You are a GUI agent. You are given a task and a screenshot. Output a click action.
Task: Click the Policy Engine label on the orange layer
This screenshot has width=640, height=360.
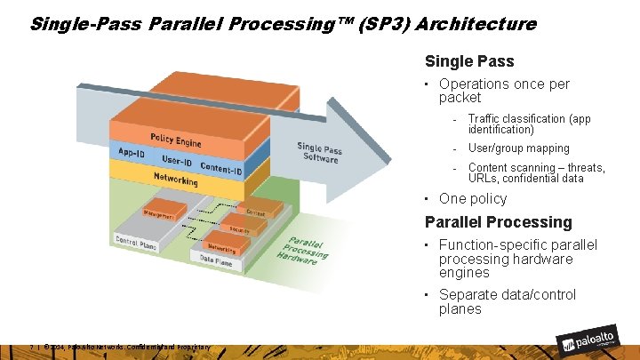(175, 140)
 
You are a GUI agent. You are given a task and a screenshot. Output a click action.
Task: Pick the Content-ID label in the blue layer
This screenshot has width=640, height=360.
(220, 168)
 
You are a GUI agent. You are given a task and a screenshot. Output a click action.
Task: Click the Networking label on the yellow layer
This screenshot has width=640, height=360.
(175, 179)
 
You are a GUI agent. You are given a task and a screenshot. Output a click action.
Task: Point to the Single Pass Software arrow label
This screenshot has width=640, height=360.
(320, 152)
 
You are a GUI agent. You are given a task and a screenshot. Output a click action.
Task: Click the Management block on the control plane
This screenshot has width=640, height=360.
(160, 214)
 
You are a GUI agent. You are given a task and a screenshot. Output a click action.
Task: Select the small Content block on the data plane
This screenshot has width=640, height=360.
(255, 213)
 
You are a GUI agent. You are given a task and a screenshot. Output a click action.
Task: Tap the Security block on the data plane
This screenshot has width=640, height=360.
(239, 229)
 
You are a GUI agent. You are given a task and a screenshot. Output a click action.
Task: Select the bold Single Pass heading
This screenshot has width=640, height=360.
(469, 62)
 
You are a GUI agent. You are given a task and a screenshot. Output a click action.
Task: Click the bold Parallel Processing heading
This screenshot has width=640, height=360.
(499, 222)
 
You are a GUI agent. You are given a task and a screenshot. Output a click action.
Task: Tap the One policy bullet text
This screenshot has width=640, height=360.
(473, 199)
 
